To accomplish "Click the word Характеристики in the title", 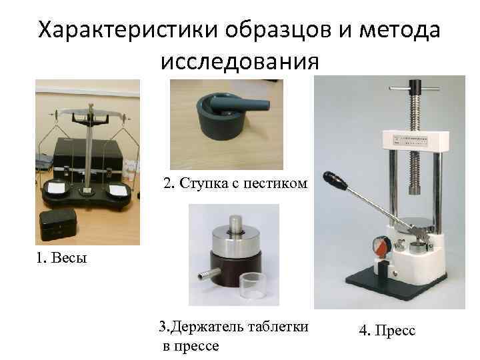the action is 128,31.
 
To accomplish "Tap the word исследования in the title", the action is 240,61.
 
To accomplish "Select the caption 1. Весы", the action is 61,257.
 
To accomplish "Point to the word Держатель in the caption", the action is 207,327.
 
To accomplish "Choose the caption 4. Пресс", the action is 387,331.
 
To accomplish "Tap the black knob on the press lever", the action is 335,181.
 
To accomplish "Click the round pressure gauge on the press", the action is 379,247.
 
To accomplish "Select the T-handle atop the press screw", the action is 414,87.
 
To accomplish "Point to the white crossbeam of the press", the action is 416,141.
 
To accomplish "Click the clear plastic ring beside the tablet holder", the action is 253,286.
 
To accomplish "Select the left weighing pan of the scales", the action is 57,187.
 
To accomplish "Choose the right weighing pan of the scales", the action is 119,189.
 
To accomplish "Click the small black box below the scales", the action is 58,225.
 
